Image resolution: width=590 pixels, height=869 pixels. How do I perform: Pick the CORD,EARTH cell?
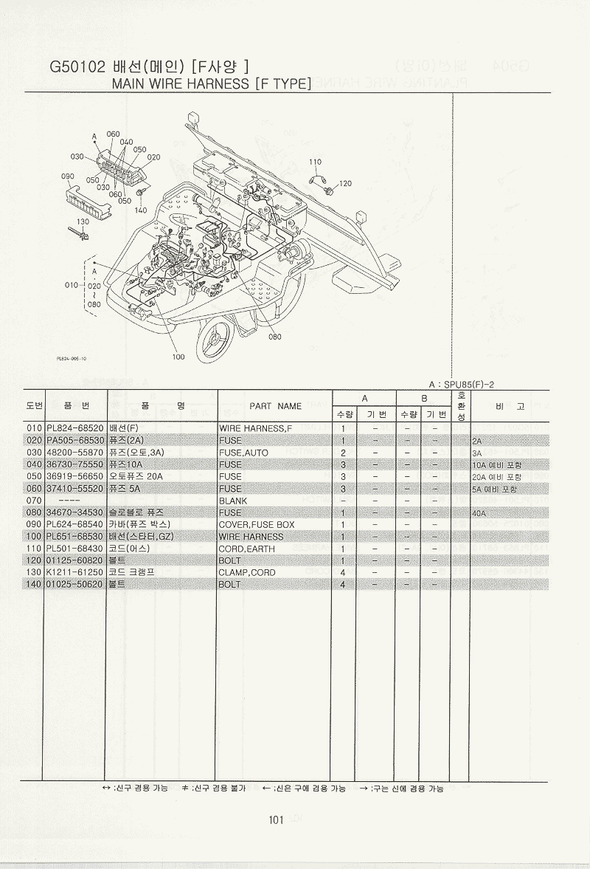point(246,549)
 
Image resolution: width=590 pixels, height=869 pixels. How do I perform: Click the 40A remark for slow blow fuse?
point(482,512)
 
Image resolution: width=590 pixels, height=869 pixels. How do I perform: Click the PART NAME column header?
point(275,405)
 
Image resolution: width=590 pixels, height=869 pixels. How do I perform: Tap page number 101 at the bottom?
point(277,818)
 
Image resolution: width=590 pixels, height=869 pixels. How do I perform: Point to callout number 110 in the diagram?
point(315,162)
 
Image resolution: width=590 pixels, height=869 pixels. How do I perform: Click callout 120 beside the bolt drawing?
point(345,183)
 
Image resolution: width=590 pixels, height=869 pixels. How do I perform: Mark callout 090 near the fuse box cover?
point(68,176)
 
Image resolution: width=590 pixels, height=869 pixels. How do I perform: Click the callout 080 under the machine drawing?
point(274,337)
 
